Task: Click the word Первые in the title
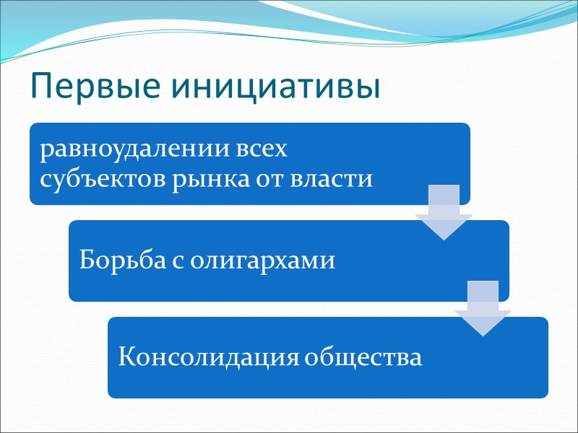click(82, 87)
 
